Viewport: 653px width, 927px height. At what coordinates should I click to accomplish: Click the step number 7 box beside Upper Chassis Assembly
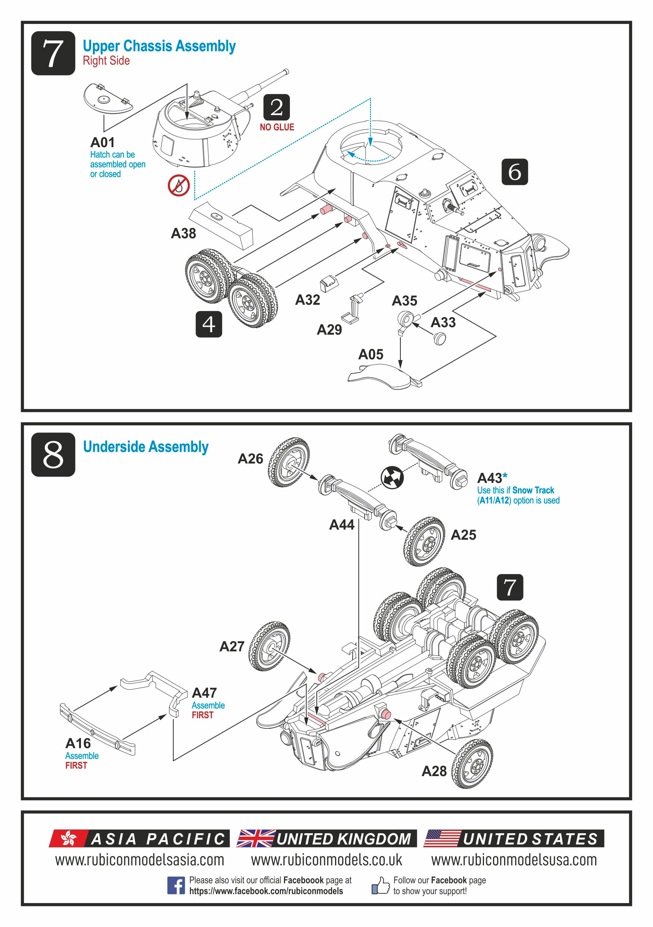point(53,53)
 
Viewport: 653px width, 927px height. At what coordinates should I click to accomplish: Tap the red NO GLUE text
point(277,127)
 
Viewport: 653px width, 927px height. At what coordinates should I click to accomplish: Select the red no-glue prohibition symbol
point(179,186)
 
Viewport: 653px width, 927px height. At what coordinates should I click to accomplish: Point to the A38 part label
point(183,233)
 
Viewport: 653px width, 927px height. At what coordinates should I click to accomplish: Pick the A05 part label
point(370,354)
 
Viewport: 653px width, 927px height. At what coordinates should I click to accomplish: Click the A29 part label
point(329,330)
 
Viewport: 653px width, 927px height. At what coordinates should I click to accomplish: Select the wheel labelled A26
point(289,462)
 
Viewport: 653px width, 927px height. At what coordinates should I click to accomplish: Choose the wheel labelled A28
point(472,764)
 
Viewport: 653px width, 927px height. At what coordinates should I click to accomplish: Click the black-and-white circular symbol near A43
point(392,477)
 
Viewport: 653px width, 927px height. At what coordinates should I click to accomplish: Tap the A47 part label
point(204,693)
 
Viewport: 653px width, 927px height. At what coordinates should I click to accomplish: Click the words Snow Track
point(533,490)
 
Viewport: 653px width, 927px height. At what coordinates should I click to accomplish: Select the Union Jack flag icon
point(256,838)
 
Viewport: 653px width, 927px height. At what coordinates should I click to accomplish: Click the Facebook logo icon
point(176,886)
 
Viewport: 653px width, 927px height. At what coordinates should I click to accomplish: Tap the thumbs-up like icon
point(380,885)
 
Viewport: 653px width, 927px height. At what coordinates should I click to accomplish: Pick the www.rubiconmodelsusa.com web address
point(514,860)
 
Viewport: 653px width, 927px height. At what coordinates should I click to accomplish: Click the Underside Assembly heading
point(146,447)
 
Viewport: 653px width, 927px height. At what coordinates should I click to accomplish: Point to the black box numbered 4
point(209,324)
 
